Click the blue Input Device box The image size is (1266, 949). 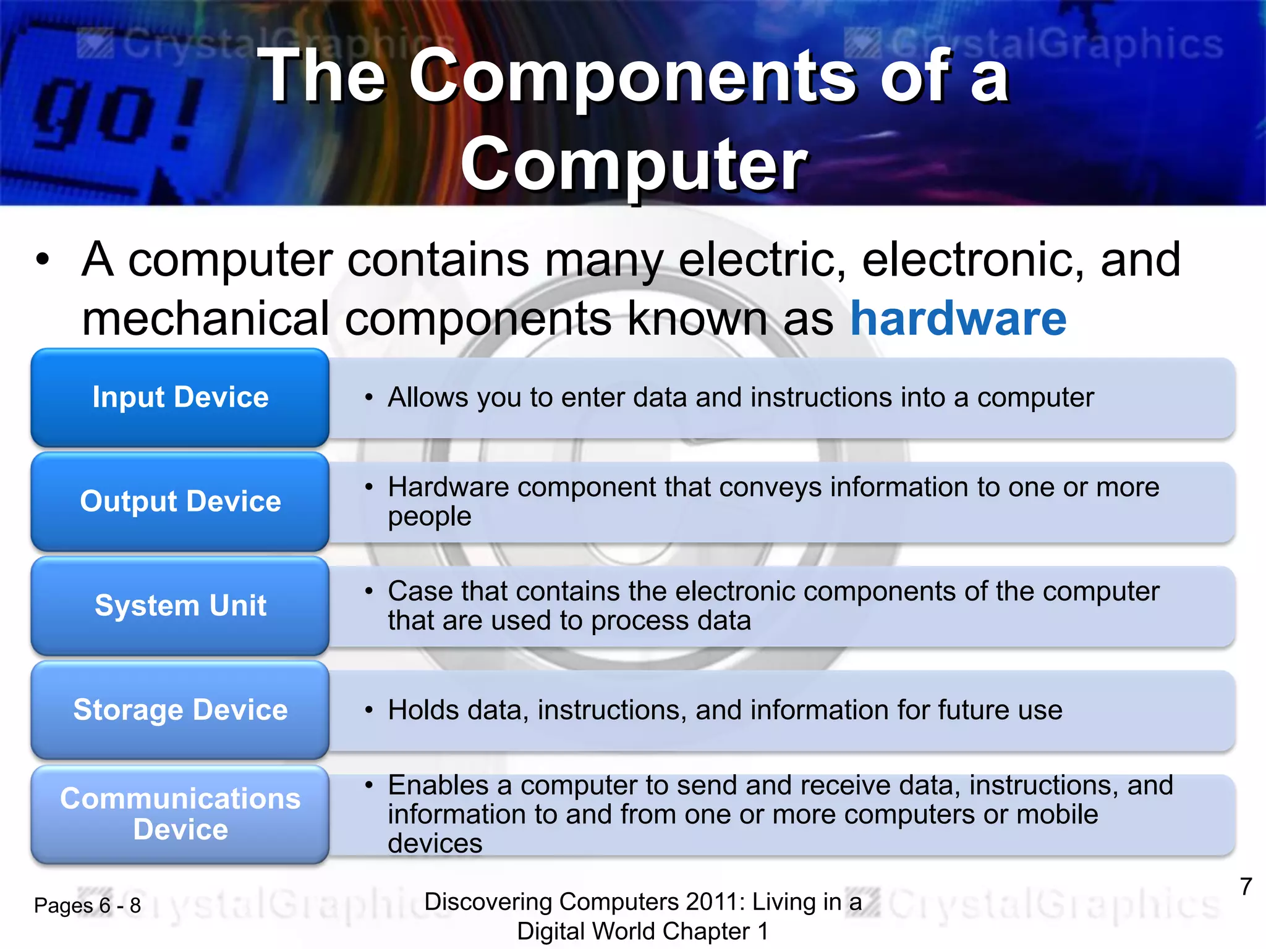pos(180,397)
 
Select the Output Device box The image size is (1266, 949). pos(180,501)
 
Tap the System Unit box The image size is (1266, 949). pos(180,605)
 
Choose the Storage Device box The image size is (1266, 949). pos(180,710)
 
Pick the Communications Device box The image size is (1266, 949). pos(180,814)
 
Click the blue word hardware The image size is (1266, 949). pos(958,319)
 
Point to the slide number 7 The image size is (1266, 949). pos(1246,887)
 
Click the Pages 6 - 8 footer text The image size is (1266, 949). pos(87,906)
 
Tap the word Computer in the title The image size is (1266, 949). pos(634,164)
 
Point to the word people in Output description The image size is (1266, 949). pos(430,517)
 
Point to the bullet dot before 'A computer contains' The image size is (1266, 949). pos(42,259)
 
